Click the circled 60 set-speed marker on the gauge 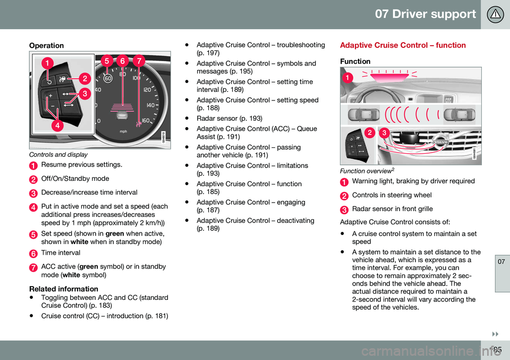coord(108,78)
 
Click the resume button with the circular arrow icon coord(49,81)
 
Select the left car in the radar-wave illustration coord(364,114)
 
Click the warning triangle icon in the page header coord(495,14)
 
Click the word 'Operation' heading coord(46,46)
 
